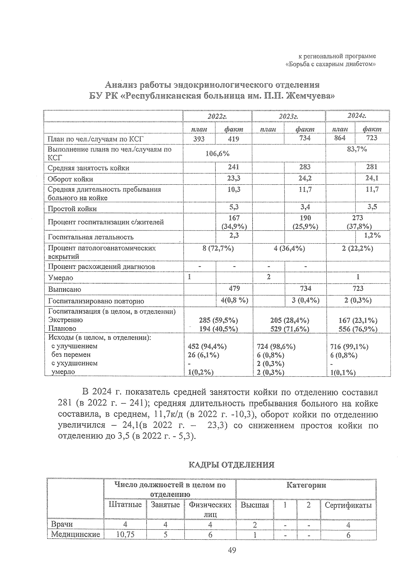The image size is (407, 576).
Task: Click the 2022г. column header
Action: coord(217,116)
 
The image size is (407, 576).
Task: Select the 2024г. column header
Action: coord(357,116)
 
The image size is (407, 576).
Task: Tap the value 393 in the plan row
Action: coord(199,138)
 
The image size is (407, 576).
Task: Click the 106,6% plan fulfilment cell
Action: coord(217,153)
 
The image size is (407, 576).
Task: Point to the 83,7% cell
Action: coord(357,149)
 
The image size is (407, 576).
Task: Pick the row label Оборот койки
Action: coord(70,179)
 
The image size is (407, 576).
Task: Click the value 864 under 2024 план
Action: coord(340,138)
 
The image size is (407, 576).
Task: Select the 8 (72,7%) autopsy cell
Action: coord(217,248)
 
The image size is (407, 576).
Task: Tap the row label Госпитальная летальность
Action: coord(91,237)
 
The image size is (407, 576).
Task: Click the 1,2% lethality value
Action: coord(372,235)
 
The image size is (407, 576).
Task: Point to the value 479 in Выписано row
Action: coord(234,289)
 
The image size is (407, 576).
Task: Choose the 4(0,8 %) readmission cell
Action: coord(234,300)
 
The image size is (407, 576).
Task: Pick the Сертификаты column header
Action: coord(348,505)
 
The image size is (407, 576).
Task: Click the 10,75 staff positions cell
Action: coord(125,535)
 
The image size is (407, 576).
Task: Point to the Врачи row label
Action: coord(62,524)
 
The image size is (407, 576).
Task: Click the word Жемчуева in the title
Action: coord(310,96)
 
